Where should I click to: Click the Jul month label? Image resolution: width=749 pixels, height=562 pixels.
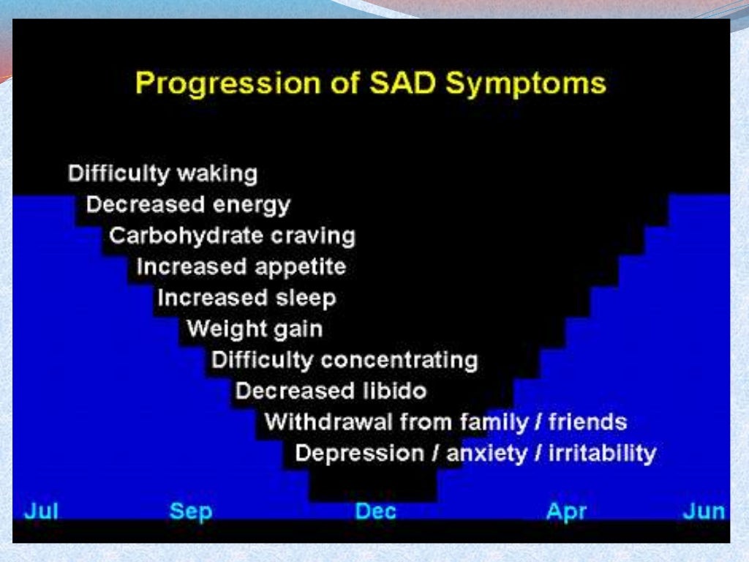[x=41, y=510]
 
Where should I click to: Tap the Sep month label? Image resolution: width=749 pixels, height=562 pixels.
[x=190, y=510]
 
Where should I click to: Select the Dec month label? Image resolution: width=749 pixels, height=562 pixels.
[x=375, y=510]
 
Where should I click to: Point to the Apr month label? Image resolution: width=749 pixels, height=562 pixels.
[x=566, y=510]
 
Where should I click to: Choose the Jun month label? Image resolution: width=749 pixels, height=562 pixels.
[x=704, y=510]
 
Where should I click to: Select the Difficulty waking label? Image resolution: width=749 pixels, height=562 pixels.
[x=162, y=174]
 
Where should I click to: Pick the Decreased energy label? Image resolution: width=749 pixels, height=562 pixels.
[x=188, y=206]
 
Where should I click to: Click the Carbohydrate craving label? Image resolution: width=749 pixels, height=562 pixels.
[x=232, y=236]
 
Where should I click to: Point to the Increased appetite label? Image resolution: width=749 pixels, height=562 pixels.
[x=241, y=267]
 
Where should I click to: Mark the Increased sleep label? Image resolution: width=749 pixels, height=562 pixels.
[x=246, y=298]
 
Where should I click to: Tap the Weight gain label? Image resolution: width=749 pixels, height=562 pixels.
[x=255, y=329]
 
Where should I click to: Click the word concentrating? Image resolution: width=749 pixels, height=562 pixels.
[x=399, y=360]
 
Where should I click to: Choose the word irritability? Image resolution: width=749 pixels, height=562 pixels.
[x=602, y=453]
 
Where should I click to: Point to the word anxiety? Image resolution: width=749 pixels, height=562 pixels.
[x=486, y=453]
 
